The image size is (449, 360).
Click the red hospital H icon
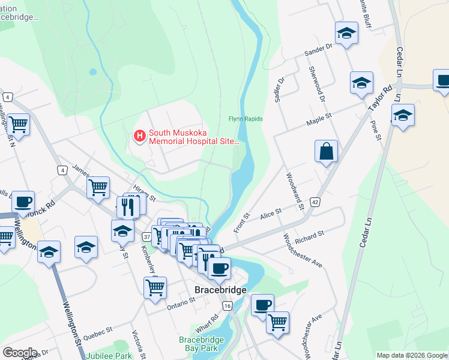(x=139, y=137)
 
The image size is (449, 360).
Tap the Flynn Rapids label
(x=246, y=119)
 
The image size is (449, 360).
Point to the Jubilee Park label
(x=108, y=356)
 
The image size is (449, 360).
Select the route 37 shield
(x=146, y=237)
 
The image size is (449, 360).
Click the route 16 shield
(x=226, y=306)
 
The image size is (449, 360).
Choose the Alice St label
(x=270, y=213)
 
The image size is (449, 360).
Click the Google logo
(x=20, y=353)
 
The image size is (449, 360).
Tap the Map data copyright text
(x=411, y=355)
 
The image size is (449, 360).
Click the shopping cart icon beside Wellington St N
(x=19, y=125)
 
